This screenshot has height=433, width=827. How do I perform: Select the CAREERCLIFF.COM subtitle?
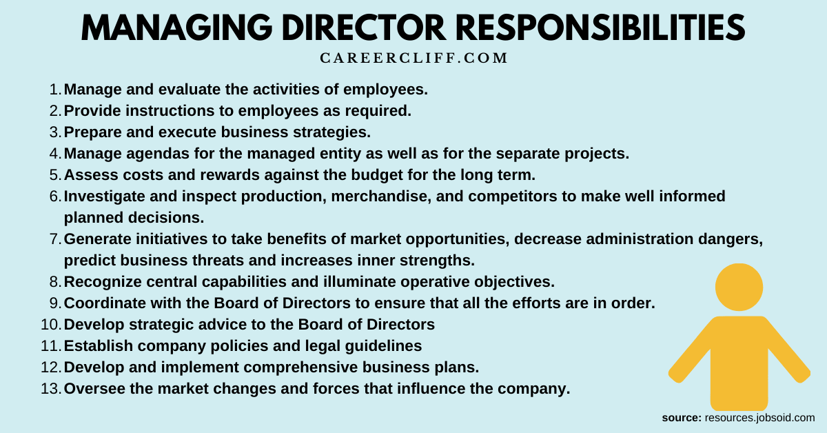pyautogui.click(x=413, y=59)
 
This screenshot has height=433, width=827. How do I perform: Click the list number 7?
pyautogui.click(x=56, y=239)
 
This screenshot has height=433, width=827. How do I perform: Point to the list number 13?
pyautogui.click(x=52, y=389)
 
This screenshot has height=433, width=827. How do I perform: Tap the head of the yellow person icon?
pyautogui.click(x=739, y=288)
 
